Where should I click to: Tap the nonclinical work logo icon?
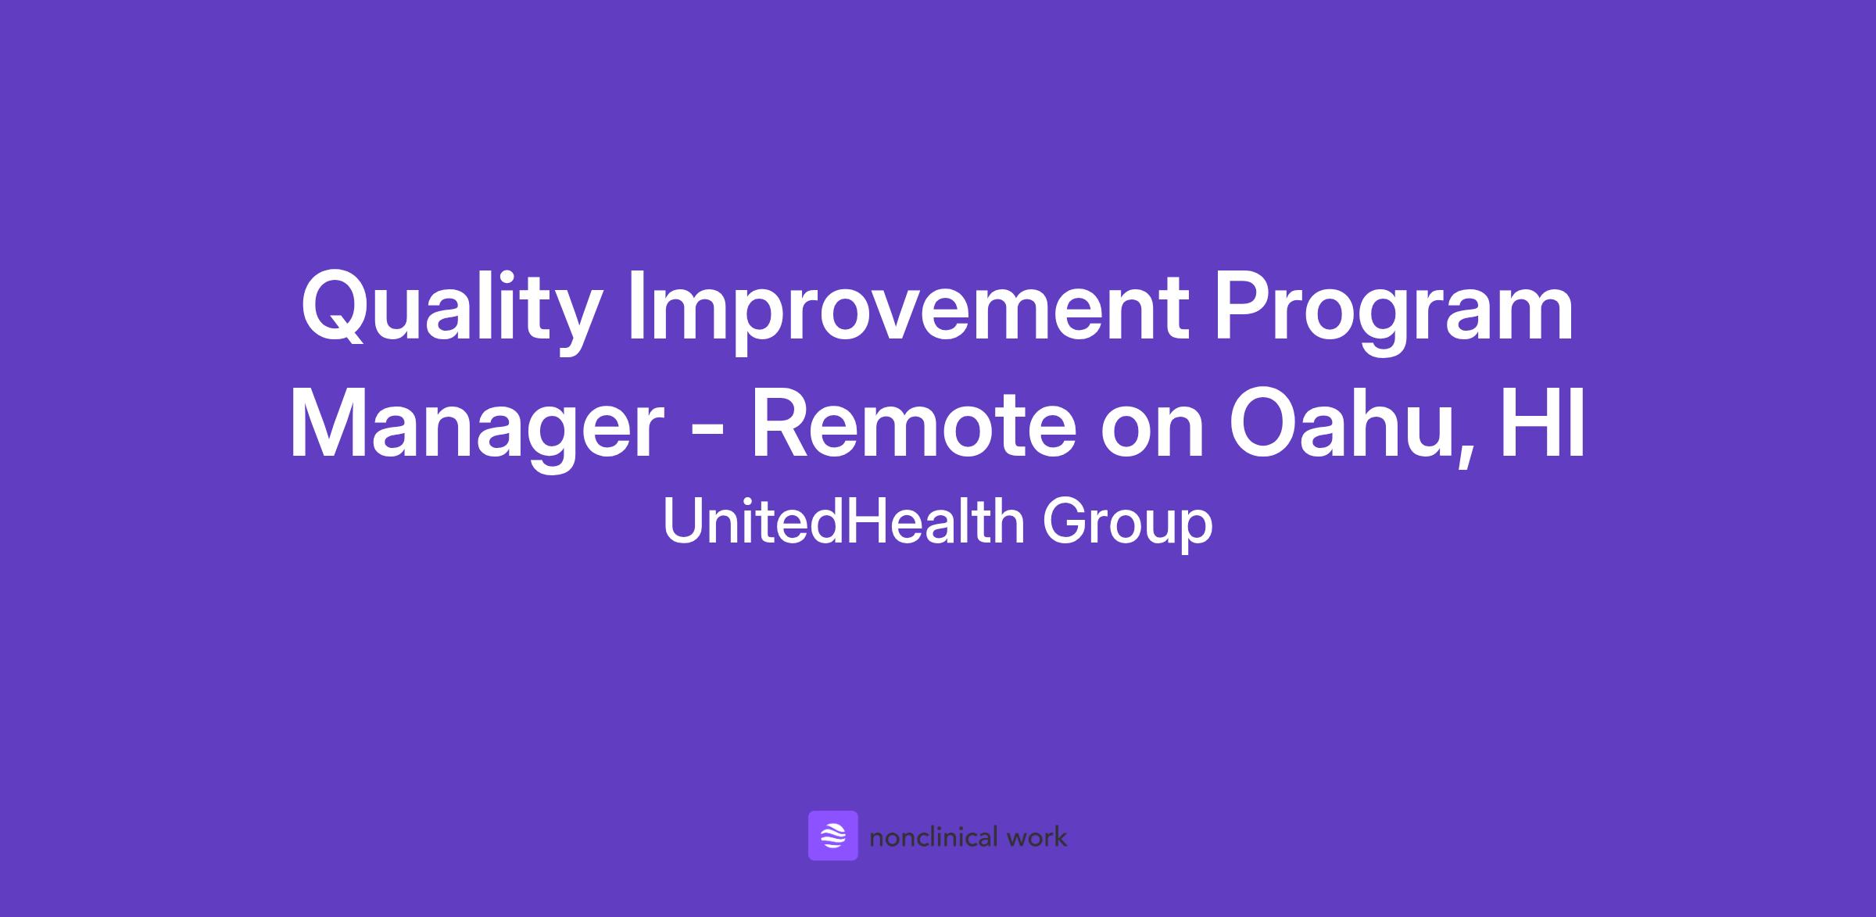pyautogui.click(x=832, y=836)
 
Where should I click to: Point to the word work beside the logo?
pyautogui.click(x=1036, y=837)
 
